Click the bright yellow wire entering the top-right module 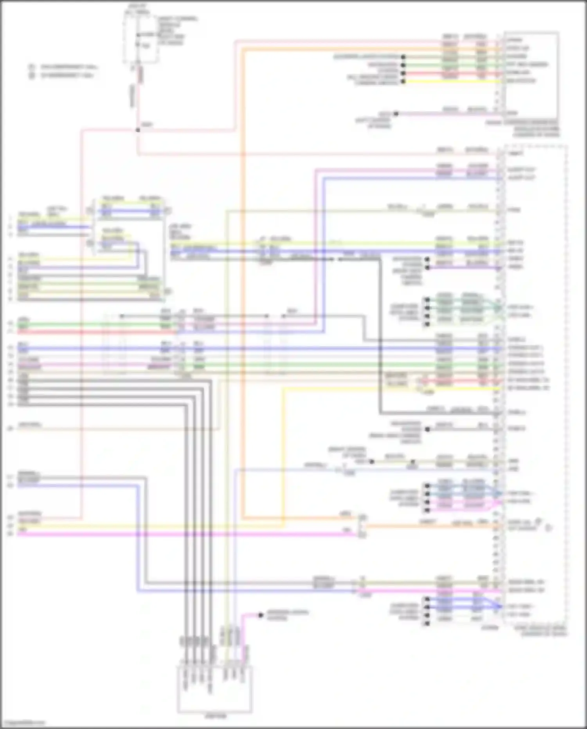(x=450, y=81)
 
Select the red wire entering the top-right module (x=450, y=73)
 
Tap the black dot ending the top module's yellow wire (x=403, y=81)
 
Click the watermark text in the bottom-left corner (x=23, y=723)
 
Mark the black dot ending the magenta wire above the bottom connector (x=261, y=615)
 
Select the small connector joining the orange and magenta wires (x=362, y=526)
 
